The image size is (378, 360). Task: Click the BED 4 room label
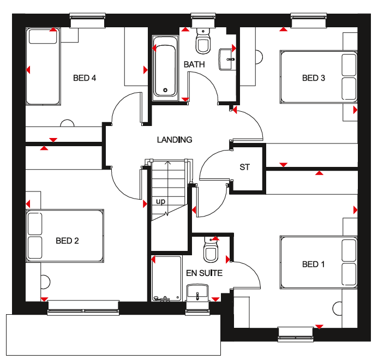(85, 78)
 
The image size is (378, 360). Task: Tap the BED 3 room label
(314, 78)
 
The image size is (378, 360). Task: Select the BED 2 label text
(67, 241)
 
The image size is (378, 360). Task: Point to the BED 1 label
(313, 265)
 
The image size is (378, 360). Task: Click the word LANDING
(175, 140)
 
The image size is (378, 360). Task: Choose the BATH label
(194, 64)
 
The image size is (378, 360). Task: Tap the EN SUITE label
(204, 273)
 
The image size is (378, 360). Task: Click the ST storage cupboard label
(244, 167)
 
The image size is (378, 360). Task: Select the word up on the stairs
(160, 201)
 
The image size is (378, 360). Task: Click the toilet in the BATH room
(203, 41)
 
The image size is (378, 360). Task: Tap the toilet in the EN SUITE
(211, 250)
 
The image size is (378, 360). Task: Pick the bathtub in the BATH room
(165, 68)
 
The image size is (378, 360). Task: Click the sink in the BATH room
(227, 59)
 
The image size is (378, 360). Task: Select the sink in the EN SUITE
(197, 292)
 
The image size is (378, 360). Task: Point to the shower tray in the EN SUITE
(166, 279)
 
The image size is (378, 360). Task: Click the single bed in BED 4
(43, 67)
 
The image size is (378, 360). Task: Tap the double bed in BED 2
(65, 236)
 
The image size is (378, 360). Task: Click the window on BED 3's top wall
(309, 20)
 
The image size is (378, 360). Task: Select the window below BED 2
(83, 308)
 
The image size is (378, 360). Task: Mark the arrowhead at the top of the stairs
(167, 163)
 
